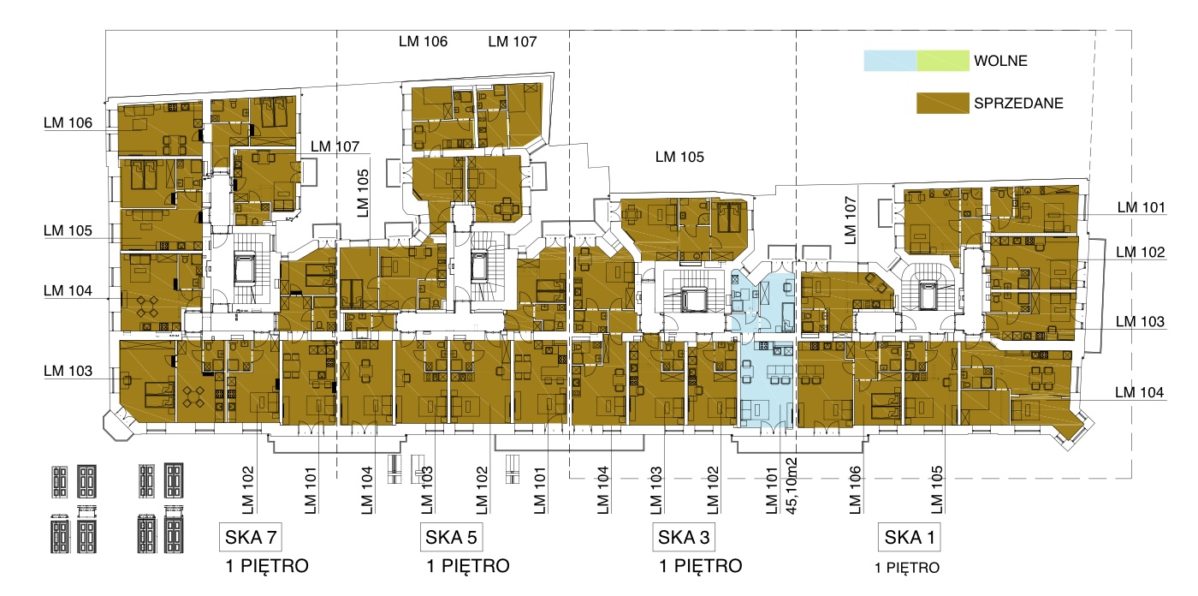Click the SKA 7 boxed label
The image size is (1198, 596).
[251, 537]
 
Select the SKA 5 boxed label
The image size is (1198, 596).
[452, 537]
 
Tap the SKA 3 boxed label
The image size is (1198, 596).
[684, 537]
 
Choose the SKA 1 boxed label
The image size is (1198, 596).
[909, 537]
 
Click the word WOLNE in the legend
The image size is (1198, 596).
[1000, 61]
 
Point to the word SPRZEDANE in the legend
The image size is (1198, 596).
[1018, 104]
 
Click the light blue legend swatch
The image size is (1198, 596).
[891, 61]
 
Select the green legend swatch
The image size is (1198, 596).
[943, 61]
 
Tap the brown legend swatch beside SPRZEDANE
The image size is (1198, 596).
[943, 104]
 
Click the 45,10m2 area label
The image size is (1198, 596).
[792, 486]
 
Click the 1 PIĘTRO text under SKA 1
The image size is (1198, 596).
[907, 568]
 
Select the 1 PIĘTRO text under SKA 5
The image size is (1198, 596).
[468, 566]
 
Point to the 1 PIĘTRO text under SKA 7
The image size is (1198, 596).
[267, 566]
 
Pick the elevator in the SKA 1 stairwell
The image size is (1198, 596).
[927, 296]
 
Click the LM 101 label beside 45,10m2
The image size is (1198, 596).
[771, 491]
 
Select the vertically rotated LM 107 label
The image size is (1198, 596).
[851, 220]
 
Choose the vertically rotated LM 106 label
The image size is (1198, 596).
[855, 490]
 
